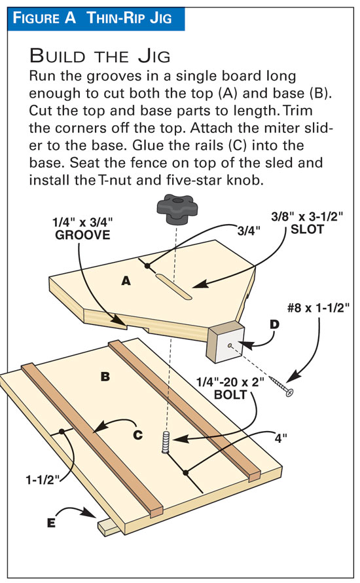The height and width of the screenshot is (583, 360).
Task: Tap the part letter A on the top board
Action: click(126, 281)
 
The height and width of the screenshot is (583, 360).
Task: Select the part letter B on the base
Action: click(105, 377)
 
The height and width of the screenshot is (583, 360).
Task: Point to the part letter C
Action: click(138, 434)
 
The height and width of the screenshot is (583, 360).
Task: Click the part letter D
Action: click(274, 325)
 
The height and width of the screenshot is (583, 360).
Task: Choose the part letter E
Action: click(51, 523)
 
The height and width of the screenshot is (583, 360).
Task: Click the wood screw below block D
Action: click(282, 386)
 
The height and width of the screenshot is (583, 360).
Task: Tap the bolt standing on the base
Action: click(166, 442)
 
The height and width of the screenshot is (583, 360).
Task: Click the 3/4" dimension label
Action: click(249, 231)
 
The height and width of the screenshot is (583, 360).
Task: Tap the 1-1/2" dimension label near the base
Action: click(43, 480)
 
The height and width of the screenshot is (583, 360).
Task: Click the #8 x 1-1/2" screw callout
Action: click(318, 308)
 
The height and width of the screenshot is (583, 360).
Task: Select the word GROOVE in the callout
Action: click(82, 235)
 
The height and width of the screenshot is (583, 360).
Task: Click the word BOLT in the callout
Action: click(230, 394)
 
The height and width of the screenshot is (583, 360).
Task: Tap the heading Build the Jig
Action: click(100, 56)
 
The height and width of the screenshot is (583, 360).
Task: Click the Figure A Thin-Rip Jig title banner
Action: click(96, 18)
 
